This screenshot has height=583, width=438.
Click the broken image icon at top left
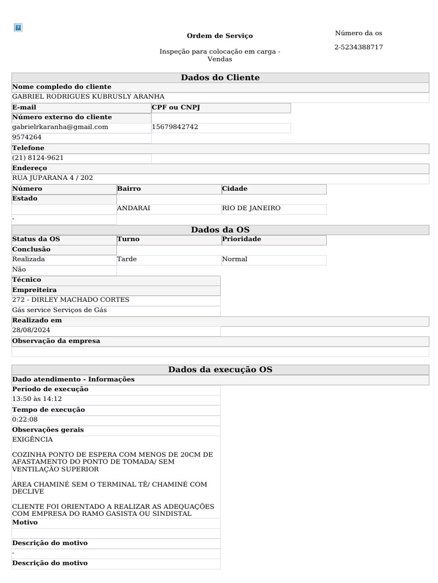tap(18, 27)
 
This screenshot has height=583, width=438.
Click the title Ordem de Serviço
tap(220, 36)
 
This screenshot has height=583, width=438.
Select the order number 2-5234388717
tap(358, 47)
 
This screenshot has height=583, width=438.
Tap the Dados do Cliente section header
tap(220, 77)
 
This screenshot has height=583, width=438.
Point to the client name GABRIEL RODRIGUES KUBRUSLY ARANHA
tap(88, 97)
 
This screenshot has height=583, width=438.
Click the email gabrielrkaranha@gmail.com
tap(60, 127)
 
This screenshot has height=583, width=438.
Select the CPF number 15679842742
tap(175, 127)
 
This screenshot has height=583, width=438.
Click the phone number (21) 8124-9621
tap(38, 158)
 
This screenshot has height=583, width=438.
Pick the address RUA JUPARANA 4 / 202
tap(52, 178)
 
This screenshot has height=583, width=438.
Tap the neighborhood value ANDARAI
tap(133, 208)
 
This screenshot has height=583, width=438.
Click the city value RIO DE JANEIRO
tap(251, 208)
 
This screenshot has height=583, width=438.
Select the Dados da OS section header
tap(220, 229)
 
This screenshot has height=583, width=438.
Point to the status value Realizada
tap(29, 259)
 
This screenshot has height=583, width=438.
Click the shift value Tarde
tap(127, 259)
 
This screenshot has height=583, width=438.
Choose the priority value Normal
tap(234, 259)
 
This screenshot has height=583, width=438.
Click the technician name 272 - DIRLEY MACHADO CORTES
tap(71, 299)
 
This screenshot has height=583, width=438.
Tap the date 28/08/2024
tap(31, 330)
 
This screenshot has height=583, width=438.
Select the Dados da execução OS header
tap(220, 369)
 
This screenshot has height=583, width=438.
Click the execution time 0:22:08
tap(25, 420)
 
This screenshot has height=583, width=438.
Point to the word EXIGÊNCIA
tap(33, 440)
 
